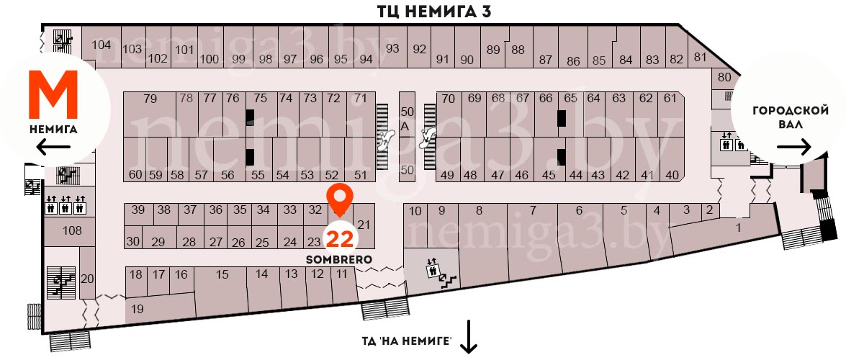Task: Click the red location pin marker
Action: (x=339, y=198)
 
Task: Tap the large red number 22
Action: (x=339, y=238)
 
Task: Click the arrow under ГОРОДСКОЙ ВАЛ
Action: (x=794, y=147)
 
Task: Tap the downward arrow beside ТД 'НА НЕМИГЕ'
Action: (x=469, y=338)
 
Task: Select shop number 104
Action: (x=102, y=45)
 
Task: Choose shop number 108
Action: (x=72, y=231)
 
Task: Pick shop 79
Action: (x=150, y=99)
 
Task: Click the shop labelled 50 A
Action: (x=408, y=119)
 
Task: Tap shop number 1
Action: (x=738, y=228)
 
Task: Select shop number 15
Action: (x=222, y=274)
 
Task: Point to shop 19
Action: (x=138, y=309)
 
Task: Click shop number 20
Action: (x=88, y=279)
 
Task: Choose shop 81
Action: (x=699, y=57)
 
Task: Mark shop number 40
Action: (x=672, y=175)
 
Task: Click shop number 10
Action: (x=415, y=211)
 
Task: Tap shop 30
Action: (x=132, y=241)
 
